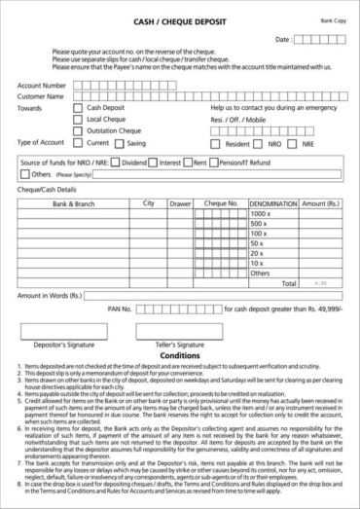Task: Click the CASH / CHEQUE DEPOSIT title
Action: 179,19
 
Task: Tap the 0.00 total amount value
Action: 320,283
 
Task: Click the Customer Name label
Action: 41,95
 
